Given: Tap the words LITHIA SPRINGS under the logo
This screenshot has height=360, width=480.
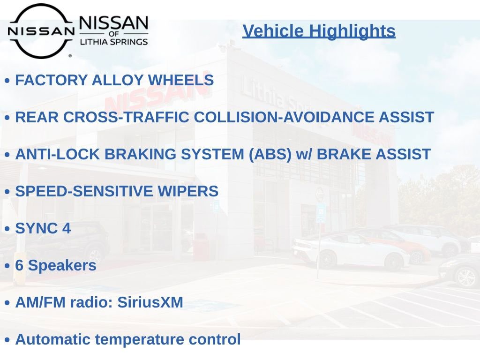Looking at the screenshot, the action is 114,42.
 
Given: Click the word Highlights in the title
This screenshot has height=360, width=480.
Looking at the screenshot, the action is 352,31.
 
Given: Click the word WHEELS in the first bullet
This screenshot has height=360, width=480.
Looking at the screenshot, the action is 180,80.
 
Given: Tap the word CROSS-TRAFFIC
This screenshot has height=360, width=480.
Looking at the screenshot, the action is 126,117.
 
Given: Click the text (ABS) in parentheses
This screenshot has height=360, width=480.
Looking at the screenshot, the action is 270,154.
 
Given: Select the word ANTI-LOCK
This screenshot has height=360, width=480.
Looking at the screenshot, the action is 57,154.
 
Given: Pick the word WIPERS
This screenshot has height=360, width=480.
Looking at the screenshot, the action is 187,191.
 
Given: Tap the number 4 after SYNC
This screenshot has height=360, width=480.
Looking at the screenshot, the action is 67,228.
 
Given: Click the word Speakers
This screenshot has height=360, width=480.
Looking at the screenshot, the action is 62,265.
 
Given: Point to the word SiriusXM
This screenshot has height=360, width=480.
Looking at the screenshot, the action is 150,302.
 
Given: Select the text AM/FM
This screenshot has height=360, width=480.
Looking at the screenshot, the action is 40,302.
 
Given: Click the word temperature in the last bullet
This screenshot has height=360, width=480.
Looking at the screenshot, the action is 140,340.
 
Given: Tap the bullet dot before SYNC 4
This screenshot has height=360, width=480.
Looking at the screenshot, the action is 7,229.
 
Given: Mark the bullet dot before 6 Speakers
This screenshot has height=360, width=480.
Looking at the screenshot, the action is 7,266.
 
